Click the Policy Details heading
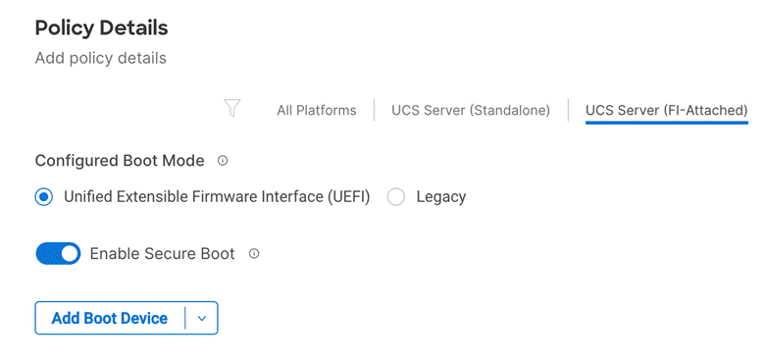pos(101,27)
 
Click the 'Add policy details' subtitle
pos(100,58)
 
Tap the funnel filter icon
pos(232,109)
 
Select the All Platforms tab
pos(316,110)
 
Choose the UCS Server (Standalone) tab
pos(470,110)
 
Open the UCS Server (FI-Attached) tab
pos(666,110)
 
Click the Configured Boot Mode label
pos(120,160)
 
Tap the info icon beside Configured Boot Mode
pos(223,160)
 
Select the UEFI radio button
pos(43,196)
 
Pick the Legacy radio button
pos(396,196)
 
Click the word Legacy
pos(440,196)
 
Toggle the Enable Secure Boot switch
pos(58,254)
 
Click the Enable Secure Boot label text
pos(162,254)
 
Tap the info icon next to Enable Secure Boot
pos(254,254)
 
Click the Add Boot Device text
pos(109,318)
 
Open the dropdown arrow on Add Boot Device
pos(201,318)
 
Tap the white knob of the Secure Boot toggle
pos(69,254)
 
